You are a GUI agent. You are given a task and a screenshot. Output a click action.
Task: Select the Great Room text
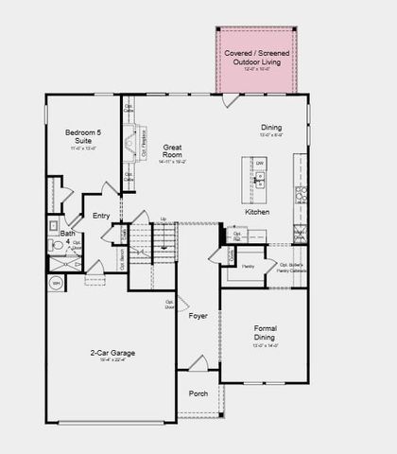pyautogui.click(x=171, y=151)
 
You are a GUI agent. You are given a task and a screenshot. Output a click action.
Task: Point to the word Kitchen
pyautogui.click(x=257, y=212)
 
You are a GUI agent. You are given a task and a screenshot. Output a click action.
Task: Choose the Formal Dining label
pyautogui.click(x=264, y=332)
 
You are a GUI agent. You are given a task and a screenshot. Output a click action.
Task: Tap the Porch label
pyautogui.click(x=198, y=393)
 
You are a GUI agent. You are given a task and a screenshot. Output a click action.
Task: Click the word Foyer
pyautogui.click(x=198, y=316)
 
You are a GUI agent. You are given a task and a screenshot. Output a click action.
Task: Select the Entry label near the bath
pyautogui.click(x=101, y=216)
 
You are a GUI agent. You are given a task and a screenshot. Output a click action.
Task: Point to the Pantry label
pyautogui.click(x=249, y=267)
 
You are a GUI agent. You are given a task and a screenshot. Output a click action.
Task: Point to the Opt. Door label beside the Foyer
pyautogui.click(x=170, y=305)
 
